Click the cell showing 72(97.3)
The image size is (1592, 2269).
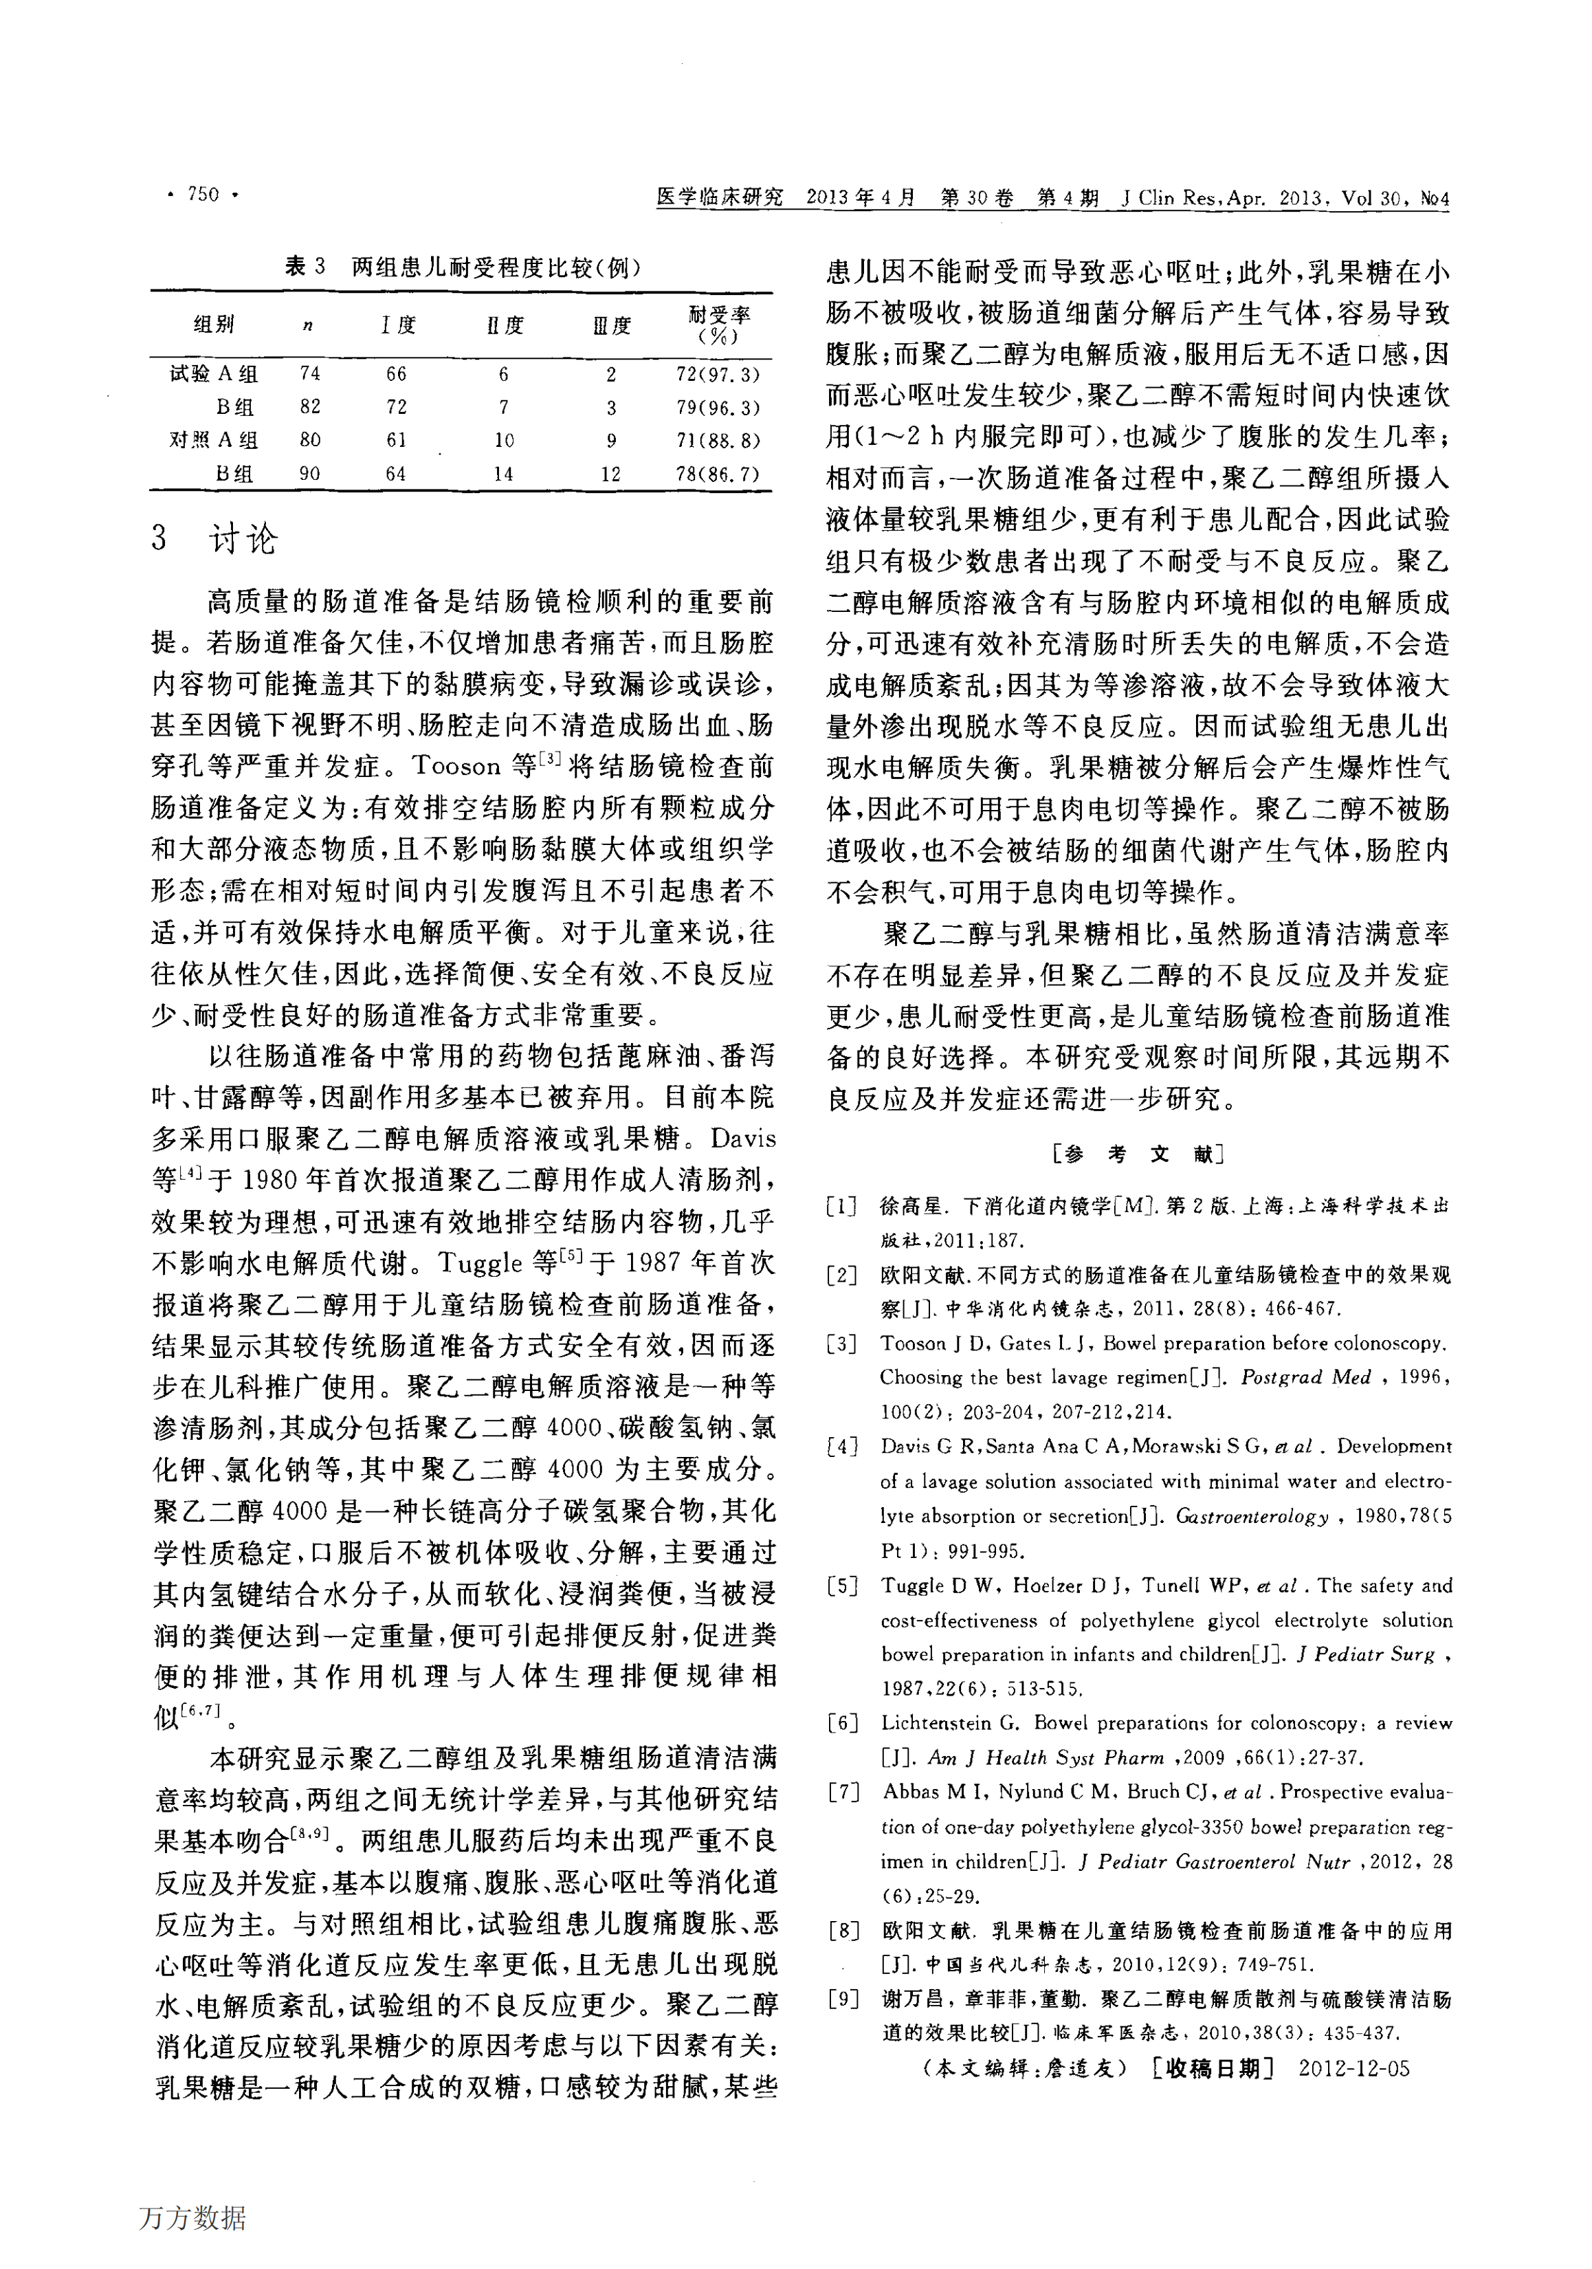718,375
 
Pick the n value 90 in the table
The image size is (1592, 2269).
309,474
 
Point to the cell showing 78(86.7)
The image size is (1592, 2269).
718,474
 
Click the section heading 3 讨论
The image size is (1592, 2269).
215,538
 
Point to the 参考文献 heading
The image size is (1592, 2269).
1138,1153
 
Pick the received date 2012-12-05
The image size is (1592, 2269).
1354,2068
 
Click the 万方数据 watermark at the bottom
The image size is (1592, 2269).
192,2217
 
